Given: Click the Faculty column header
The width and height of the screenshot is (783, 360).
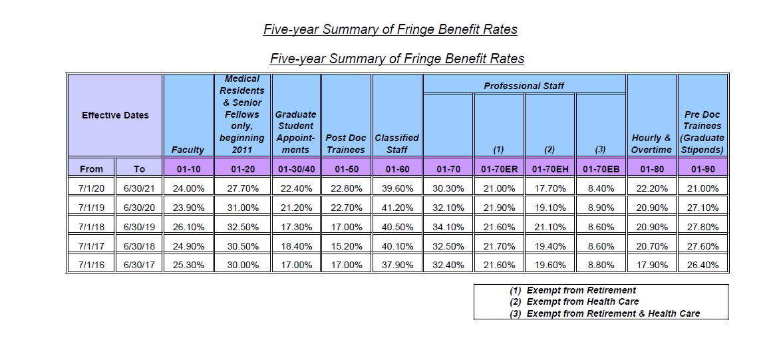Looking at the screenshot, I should [x=188, y=150].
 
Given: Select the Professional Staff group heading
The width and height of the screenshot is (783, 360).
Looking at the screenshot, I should [x=524, y=86].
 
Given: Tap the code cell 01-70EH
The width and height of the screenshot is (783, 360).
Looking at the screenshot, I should [x=549, y=169].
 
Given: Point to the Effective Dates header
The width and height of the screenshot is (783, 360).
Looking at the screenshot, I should [x=115, y=115].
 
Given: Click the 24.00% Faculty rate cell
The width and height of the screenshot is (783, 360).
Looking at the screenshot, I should [x=188, y=189].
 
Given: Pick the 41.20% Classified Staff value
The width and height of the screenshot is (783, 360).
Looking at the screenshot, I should [x=397, y=208].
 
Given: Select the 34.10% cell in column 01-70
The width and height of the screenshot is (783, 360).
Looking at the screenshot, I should [x=448, y=227].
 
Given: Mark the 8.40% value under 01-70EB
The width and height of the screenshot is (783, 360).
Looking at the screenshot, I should [x=601, y=189].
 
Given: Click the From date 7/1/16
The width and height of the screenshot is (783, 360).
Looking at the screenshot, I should [x=90, y=265].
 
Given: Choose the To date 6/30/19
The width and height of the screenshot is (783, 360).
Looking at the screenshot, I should [x=138, y=227].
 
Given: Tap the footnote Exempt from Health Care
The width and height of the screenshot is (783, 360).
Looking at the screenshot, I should [x=582, y=301].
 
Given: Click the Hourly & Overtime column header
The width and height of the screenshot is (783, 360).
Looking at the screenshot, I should [x=651, y=144].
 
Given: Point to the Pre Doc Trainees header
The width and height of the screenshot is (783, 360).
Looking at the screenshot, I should [x=703, y=132].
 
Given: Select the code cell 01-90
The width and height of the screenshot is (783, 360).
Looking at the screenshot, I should [x=703, y=169].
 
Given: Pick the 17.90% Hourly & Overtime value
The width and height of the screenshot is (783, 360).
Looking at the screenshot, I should [x=651, y=265].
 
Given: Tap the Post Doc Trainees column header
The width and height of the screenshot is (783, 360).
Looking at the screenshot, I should [x=346, y=144].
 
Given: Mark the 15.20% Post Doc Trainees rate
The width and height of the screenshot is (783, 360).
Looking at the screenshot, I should [x=346, y=246].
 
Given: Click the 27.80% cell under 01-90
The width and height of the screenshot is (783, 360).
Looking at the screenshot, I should [x=703, y=227].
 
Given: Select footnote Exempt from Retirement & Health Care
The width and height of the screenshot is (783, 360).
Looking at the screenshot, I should [x=613, y=313].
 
